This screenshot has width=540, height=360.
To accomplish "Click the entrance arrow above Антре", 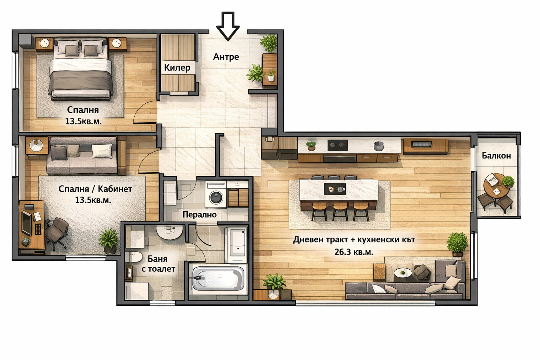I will click(227, 26).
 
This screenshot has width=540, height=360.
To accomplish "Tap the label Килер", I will click(177, 67).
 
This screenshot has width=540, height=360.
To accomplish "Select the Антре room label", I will click(226, 57).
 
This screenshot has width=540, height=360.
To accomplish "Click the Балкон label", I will click(496, 155).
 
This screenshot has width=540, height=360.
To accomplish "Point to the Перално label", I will click(199, 214).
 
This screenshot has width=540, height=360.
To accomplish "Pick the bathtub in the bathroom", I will click(218, 278).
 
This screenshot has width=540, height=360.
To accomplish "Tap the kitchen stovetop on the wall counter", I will click(337, 145).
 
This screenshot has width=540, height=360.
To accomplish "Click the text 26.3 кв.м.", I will click(354, 252).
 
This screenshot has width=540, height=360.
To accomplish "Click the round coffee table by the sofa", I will click(401, 273).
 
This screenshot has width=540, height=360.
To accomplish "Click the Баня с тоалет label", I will click(158, 264).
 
